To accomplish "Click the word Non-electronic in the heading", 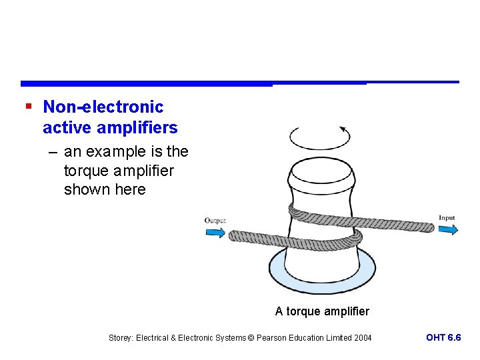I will click(103, 107).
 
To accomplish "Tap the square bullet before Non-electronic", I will click(27, 106).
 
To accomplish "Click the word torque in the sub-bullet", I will click(85, 171).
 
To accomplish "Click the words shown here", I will click(105, 189).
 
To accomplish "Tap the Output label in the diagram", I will click(215, 221).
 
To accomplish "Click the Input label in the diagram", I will click(447, 217).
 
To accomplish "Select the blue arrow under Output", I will click(215, 233).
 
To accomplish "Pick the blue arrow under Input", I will click(447, 229).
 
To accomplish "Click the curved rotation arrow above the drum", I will click(320, 137).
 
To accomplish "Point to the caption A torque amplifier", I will click(322, 311).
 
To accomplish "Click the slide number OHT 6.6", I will click(443, 337).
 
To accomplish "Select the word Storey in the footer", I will click(120, 338).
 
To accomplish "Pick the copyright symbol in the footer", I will click(251, 338).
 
